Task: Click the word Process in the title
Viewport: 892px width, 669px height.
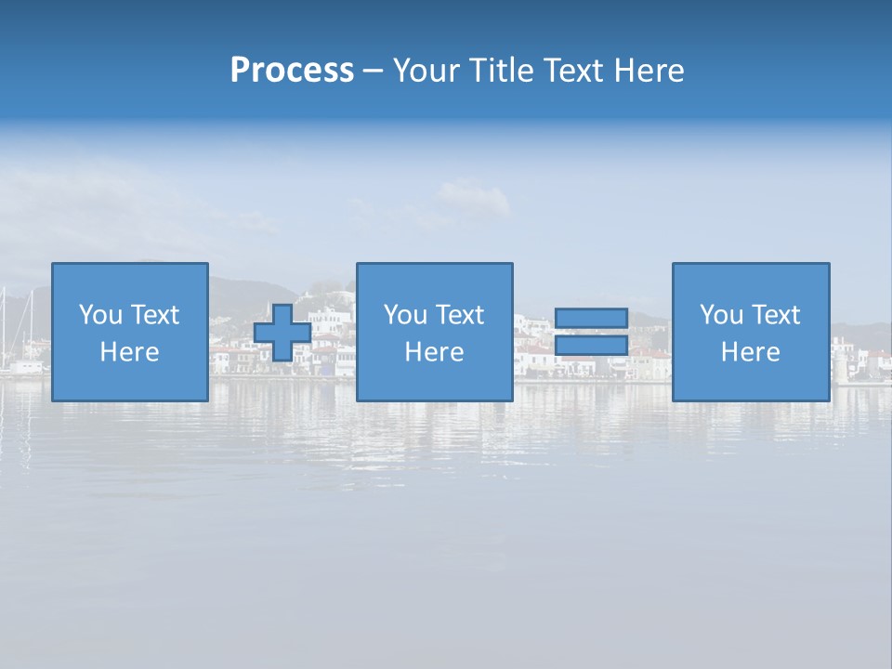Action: (x=292, y=71)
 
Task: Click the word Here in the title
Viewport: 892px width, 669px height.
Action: (x=649, y=71)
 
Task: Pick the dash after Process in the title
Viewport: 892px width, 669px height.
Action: (x=373, y=72)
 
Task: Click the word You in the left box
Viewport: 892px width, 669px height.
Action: (x=100, y=315)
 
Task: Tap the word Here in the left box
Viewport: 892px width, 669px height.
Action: (x=130, y=352)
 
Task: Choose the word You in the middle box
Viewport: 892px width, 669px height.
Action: (x=405, y=315)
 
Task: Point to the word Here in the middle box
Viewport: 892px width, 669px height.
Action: (x=435, y=352)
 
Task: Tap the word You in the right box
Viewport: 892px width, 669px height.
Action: (x=721, y=315)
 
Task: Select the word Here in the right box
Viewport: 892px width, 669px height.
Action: (x=751, y=352)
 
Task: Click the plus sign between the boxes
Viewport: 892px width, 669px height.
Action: (x=282, y=333)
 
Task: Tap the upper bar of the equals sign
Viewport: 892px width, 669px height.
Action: (x=591, y=318)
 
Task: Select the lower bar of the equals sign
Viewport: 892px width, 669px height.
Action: (x=591, y=346)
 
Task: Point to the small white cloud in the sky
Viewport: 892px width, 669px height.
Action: (x=473, y=198)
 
